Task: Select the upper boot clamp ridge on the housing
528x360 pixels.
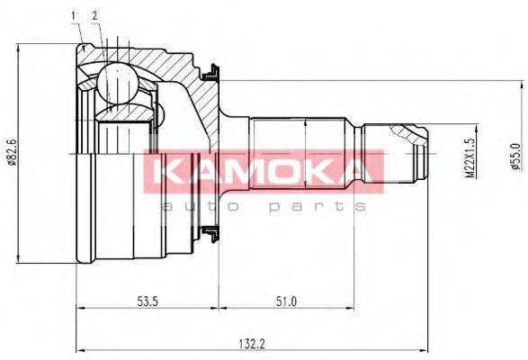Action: pyautogui.click(x=212, y=68)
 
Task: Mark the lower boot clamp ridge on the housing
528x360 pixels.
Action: pyautogui.click(x=212, y=237)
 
